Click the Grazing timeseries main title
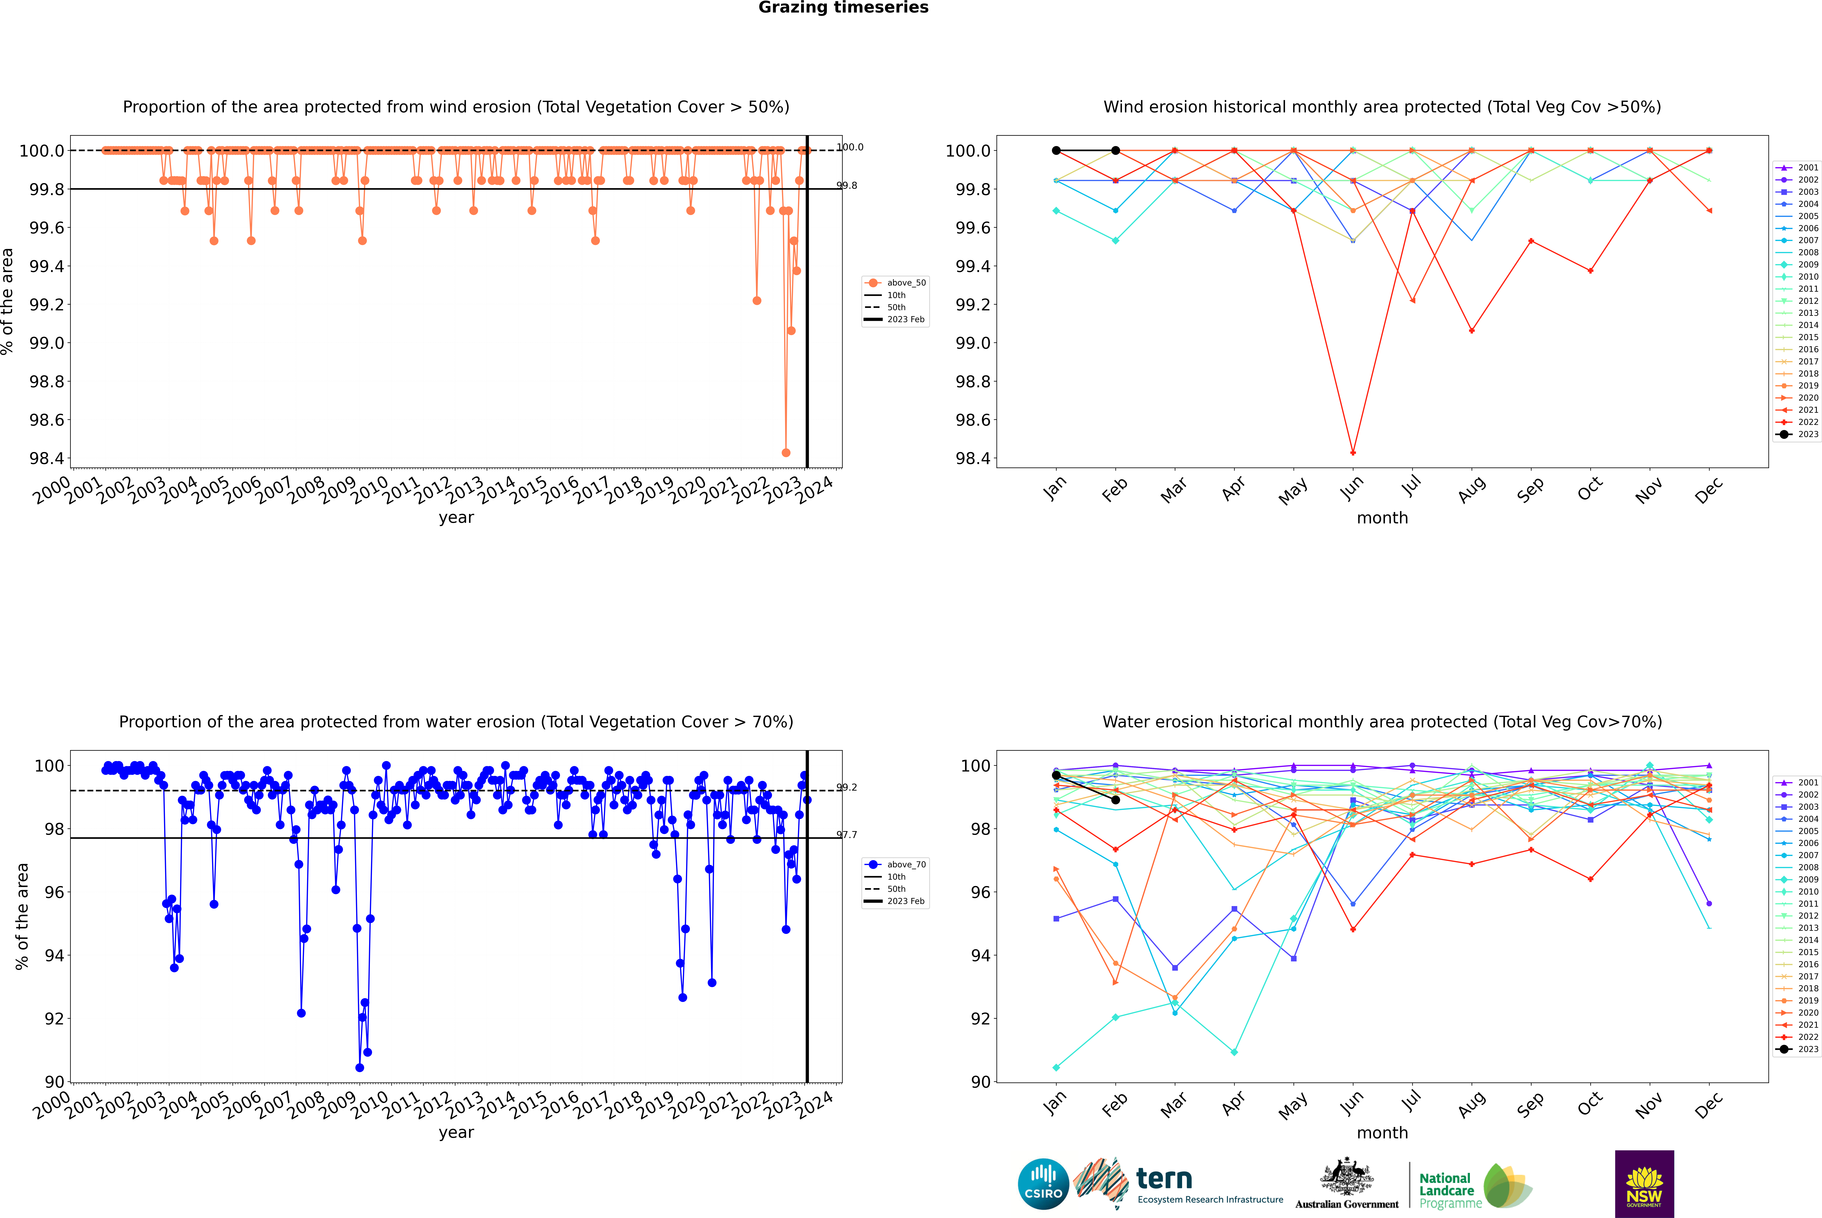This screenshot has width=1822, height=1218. click(843, 8)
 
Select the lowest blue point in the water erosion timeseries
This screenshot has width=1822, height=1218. click(360, 1067)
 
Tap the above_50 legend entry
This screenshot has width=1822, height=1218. click(895, 283)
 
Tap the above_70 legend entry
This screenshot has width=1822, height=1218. click(895, 865)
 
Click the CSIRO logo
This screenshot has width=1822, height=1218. click(1043, 1184)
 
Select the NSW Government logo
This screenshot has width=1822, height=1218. click(1644, 1184)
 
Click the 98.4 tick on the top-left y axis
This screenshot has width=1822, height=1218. click(47, 458)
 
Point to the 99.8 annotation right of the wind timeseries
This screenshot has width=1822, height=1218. click(847, 186)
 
